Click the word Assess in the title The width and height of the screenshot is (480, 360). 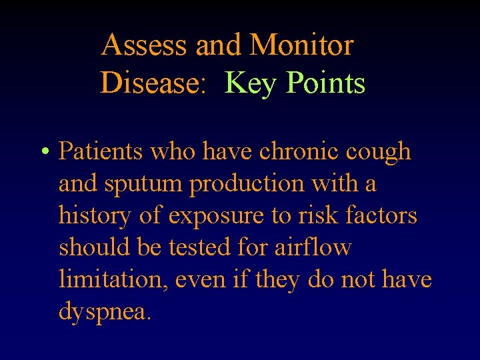click(145, 45)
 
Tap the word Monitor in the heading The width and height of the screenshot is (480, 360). click(301, 45)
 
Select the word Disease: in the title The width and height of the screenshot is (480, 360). click(153, 83)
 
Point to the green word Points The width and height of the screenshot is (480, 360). click(326, 83)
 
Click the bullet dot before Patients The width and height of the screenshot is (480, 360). click(44, 153)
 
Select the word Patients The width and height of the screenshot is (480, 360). click(101, 151)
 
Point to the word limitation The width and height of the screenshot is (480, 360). click(113, 279)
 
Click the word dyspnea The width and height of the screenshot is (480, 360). click(105, 311)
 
